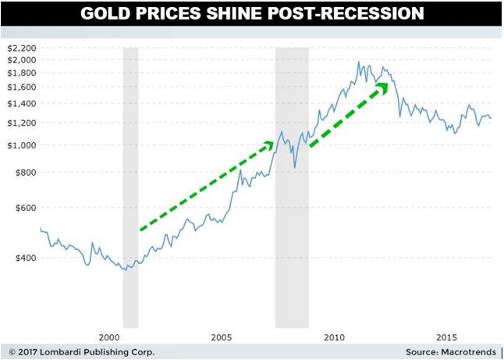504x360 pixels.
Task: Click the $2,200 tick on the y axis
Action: pyautogui.click(x=21, y=48)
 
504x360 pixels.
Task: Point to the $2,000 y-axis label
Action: pyautogui.click(x=21, y=59)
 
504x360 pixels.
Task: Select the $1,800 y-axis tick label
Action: pyautogui.click(x=21, y=72)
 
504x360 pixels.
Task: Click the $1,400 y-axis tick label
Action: pyautogui.click(x=21, y=103)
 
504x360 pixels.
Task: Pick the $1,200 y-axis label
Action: pyautogui.click(x=21, y=123)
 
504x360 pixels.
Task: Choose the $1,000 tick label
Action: pyautogui.click(x=21, y=144)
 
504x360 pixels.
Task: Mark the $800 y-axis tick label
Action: pyautogui.click(x=24, y=172)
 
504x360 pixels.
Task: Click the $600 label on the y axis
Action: pyautogui.click(x=24, y=208)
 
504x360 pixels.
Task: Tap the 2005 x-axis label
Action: pyautogui.click(x=222, y=337)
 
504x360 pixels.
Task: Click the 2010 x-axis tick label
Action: pyautogui.click(x=335, y=337)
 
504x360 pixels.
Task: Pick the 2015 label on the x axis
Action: pyautogui.click(x=446, y=337)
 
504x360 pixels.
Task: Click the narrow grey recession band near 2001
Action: pyautogui.click(x=130, y=187)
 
